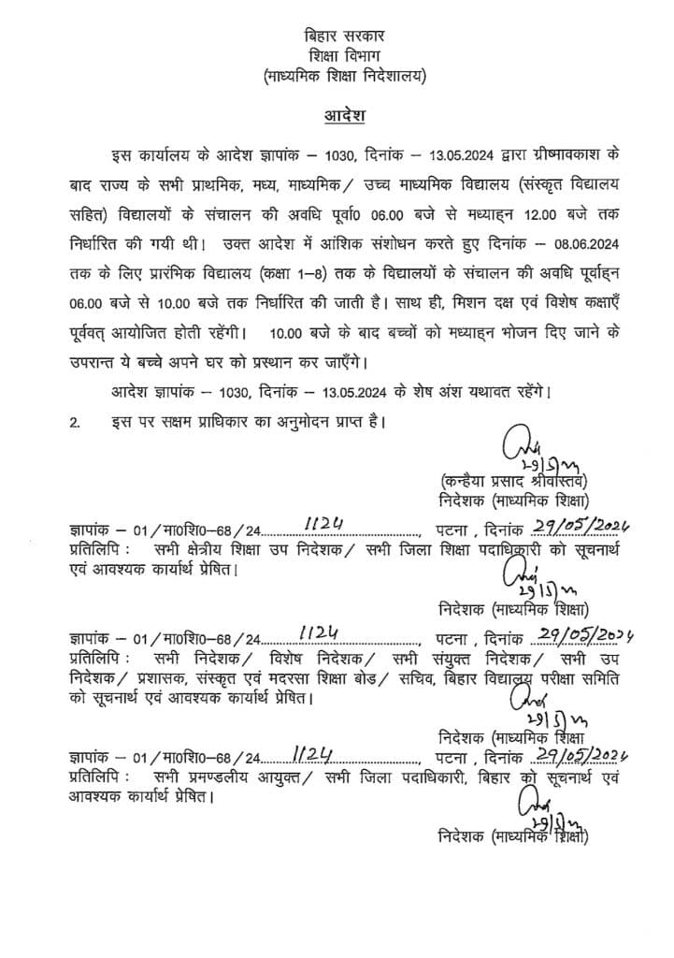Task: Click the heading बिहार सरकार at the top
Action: (344, 36)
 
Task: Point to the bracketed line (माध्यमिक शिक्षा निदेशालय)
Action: (344, 77)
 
